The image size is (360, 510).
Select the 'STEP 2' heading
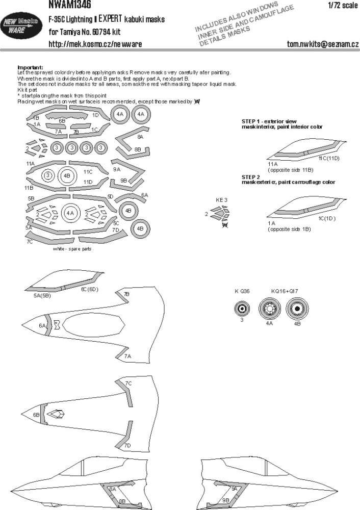click(x=254, y=176)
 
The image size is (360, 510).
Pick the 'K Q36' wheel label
click(x=243, y=291)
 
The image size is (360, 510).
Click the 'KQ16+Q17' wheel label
click(x=282, y=291)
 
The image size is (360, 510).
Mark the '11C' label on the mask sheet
click(x=88, y=172)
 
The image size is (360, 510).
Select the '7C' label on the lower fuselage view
click(x=128, y=382)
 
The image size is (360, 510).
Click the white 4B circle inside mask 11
click(x=67, y=176)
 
